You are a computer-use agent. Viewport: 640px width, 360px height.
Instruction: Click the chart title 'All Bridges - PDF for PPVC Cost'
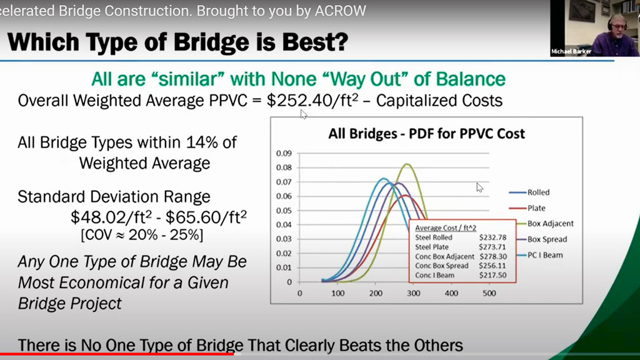pyautogui.click(x=426, y=133)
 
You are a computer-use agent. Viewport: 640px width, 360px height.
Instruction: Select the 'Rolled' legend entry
pyautogui.click(x=538, y=192)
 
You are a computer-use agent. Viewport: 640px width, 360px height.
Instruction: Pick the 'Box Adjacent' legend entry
pyautogui.click(x=550, y=223)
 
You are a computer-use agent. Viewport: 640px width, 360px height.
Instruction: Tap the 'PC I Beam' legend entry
pyautogui.click(x=544, y=254)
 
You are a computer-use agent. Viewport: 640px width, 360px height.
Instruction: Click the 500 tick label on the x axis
pyautogui.click(x=489, y=293)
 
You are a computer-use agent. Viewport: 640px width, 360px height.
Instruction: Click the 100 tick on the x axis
pyautogui.click(x=337, y=293)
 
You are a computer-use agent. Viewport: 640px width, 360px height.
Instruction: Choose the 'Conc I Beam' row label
pyautogui.click(x=436, y=276)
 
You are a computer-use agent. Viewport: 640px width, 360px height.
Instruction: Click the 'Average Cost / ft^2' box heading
pyautogui.click(x=444, y=228)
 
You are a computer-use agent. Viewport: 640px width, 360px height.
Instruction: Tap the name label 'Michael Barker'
pyautogui.click(x=571, y=51)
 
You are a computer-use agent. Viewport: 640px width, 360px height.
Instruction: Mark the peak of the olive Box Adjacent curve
pyautogui.click(x=407, y=164)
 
